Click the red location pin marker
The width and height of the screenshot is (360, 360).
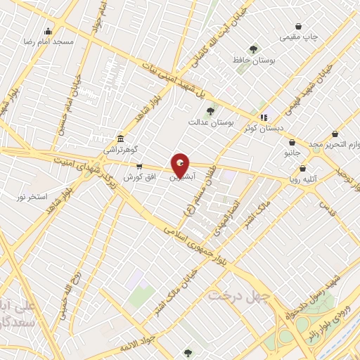tap(181, 165)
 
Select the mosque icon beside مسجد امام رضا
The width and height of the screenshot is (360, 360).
tap(48, 31)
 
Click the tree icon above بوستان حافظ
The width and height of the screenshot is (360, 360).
tap(253, 49)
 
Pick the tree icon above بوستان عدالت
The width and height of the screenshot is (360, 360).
tap(210, 111)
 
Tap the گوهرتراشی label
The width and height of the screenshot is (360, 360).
tap(122, 150)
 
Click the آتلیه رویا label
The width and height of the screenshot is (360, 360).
tap(307, 179)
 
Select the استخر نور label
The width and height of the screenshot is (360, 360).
tap(33, 196)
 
